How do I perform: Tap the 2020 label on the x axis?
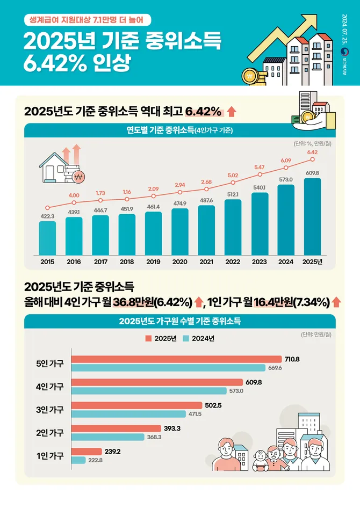pyautogui.click(x=180, y=262)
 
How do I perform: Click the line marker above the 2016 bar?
pyautogui.click(x=74, y=202)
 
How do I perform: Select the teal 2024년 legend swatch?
pyautogui.click(x=185, y=338)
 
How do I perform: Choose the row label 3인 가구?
pyautogui.click(x=50, y=410)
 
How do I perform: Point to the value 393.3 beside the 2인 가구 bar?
pyautogui.click(x=172, y=428)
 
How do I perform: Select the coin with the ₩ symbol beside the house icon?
pyautogui.click(x=78, y=177)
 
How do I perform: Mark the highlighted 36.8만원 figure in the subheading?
pyautogui.click(x=133, y=302)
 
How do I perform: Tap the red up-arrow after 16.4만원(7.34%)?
pyautogui.click(x=337, y=302)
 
